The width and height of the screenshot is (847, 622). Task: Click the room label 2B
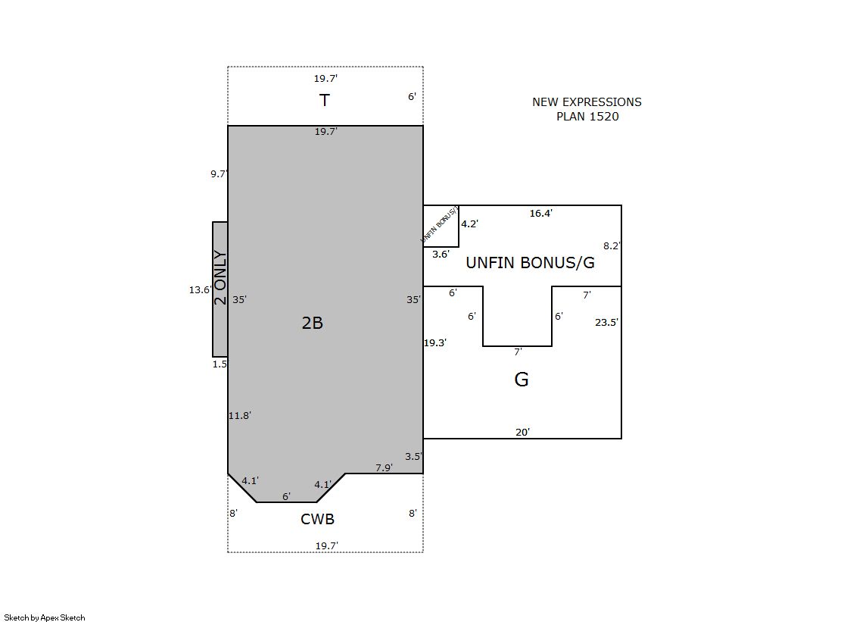312,323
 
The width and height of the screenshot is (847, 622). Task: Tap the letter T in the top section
324,100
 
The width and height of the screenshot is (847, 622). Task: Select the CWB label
318,519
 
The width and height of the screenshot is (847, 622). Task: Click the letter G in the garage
522,379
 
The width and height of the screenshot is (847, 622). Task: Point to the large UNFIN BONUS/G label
530,263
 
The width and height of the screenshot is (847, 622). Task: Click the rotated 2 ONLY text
220,277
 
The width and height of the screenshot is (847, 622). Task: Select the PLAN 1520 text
587,116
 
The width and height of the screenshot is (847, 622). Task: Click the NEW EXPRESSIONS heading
587,102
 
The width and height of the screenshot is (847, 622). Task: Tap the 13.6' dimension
199,290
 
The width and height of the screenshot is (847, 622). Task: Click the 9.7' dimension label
219,173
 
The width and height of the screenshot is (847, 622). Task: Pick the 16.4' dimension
540,213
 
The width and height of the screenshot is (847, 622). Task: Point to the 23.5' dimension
606,322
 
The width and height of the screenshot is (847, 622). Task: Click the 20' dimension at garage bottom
522,432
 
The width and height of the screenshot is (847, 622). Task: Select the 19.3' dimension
434,342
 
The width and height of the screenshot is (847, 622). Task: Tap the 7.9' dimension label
384,467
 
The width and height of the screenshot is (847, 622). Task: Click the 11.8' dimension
239,415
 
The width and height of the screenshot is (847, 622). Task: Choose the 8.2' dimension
612,245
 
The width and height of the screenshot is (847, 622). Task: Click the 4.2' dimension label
469,224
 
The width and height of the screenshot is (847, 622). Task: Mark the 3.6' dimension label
441,255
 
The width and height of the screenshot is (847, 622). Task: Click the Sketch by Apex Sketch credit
45,617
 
